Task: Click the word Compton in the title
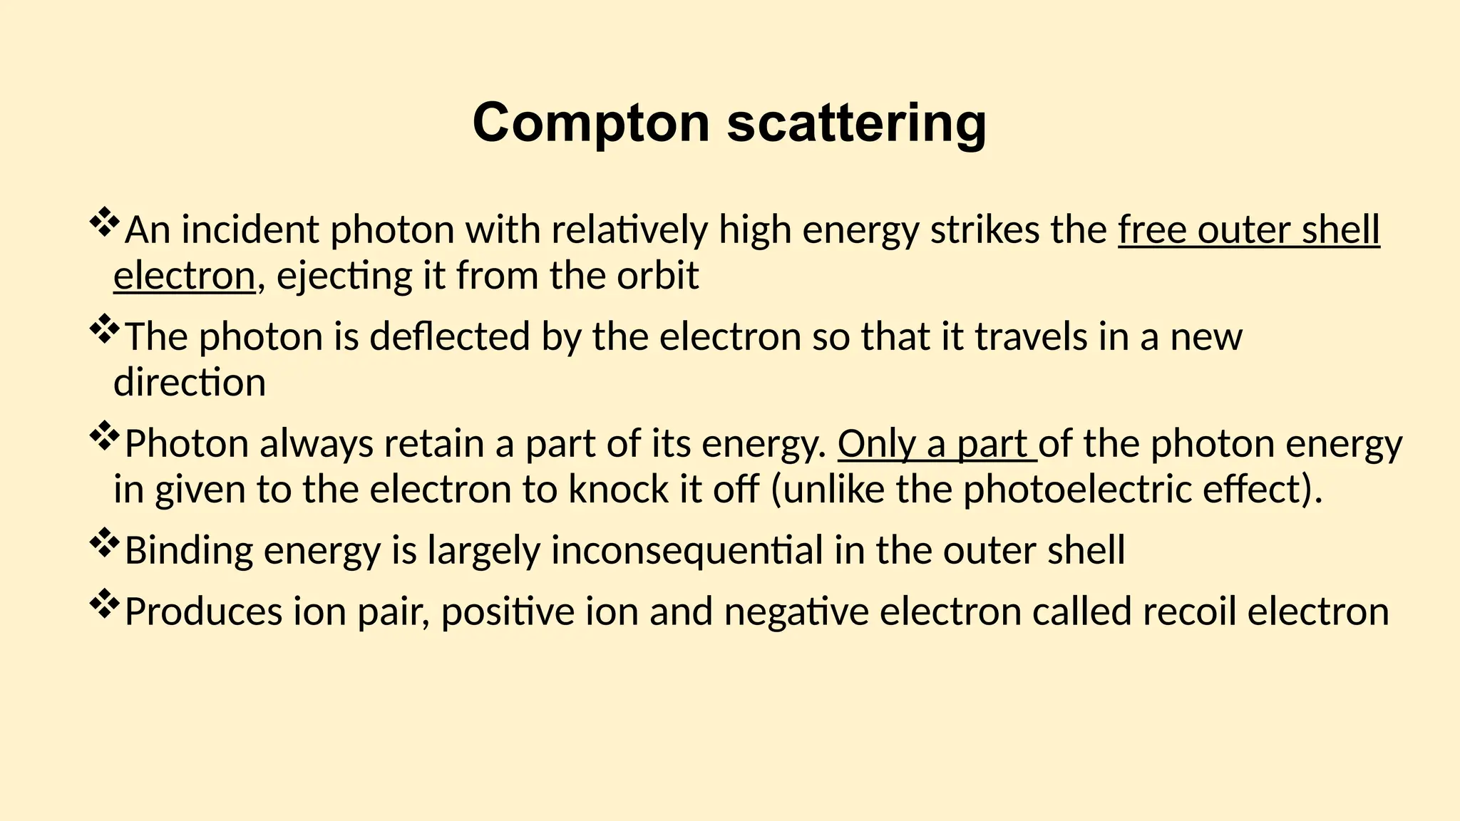tap(591, 123)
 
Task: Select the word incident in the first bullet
tap(250, 230)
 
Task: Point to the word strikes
tap(983, 230)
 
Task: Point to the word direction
tap(190, 383)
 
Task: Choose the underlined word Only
tap(876, 443)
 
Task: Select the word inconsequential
tap(687, 550)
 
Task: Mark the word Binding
tap(188, 550)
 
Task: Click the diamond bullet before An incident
tap(104, 222)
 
